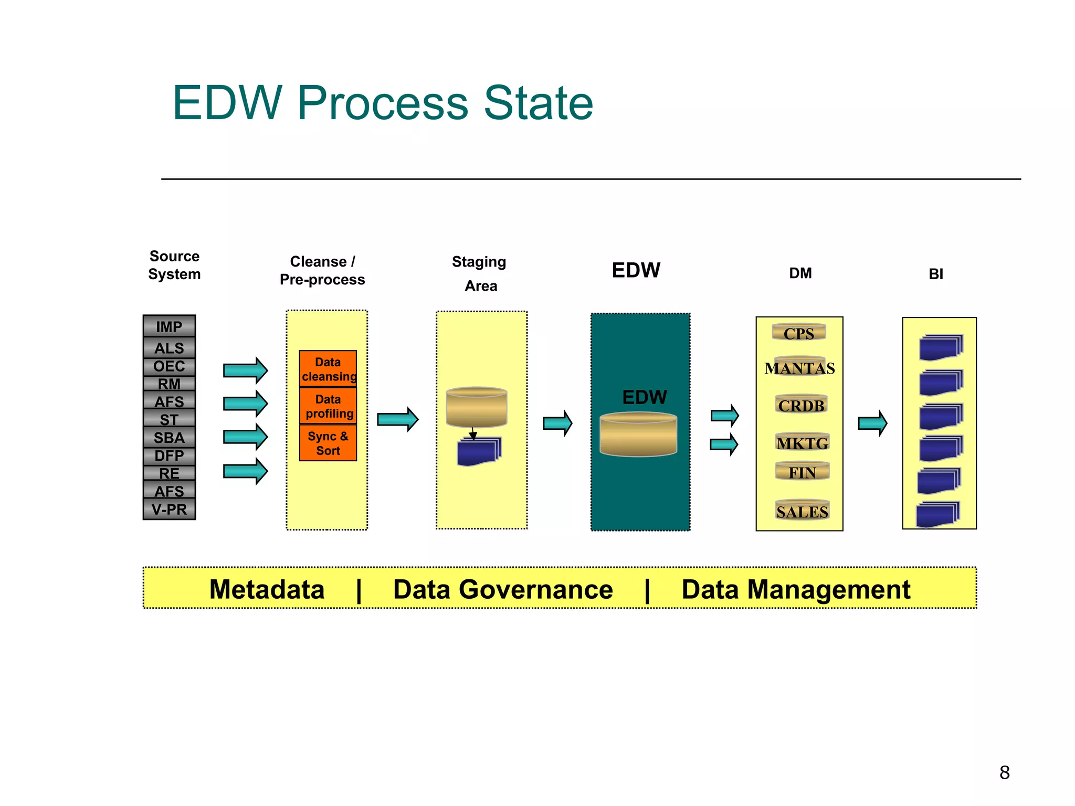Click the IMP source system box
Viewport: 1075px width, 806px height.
pos(169,326)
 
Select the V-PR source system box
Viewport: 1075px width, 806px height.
pos(169,509)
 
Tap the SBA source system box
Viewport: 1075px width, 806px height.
pos(169,437)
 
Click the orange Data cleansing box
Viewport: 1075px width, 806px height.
pos(328,369)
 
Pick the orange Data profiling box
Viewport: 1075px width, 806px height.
pos(328,406)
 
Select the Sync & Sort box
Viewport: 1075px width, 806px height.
pos(328,443)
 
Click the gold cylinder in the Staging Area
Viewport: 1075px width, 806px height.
pos(476,407)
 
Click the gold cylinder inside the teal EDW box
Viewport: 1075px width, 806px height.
pos(638,434)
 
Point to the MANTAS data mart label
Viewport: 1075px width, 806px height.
pos(799,368)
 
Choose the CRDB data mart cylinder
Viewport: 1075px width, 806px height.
pos(801,405)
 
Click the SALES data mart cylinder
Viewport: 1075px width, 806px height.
pos(802,511)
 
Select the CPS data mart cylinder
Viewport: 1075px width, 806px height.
pos(799,333)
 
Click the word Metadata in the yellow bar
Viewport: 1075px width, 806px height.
pos(267,589)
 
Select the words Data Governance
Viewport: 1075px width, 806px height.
pos(503,589)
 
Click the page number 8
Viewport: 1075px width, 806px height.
pos(1004,772)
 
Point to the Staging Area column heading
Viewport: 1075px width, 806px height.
pos(479,273)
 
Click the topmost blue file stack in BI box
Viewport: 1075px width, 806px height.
pos(941,347)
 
